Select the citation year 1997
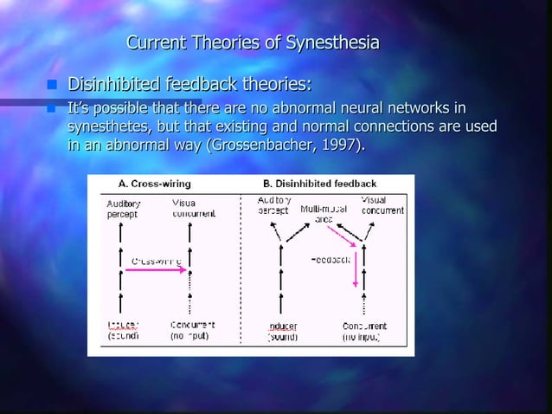[x=338, y=145]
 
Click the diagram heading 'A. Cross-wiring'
[x=155, y=184]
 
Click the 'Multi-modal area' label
[x=318, y=214]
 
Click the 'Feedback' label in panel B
[x=330, y=259]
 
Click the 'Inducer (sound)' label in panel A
[x=122, y=330]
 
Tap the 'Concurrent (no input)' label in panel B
[x=365, y=330]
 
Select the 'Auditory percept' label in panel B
[x=275, y=205]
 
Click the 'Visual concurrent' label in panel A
[x=189, y=209]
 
